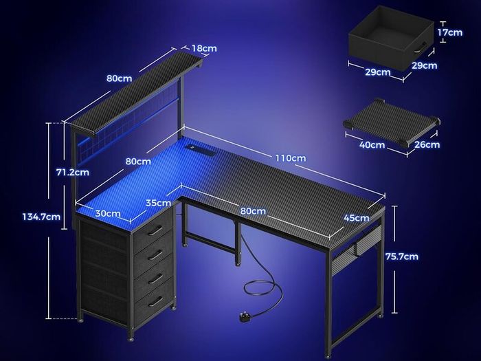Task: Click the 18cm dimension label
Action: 204,48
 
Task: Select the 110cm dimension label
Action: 291,158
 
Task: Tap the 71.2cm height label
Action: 73,172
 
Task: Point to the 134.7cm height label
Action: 41,217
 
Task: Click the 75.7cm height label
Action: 402,256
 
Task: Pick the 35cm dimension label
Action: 158,203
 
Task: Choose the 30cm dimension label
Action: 108,213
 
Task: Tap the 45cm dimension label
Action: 357,218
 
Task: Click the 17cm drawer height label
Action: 450,32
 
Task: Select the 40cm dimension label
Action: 372,144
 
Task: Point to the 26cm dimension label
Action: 427,144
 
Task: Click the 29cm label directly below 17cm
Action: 424,65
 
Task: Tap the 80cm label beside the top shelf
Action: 120,78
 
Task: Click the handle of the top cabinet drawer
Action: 155,230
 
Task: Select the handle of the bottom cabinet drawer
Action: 155,301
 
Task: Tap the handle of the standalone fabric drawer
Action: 419,47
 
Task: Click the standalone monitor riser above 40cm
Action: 392,122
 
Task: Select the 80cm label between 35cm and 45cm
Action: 253,211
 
